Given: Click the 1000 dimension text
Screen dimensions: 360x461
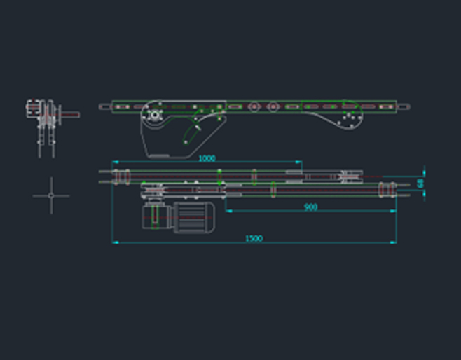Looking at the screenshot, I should [x=207, y=158].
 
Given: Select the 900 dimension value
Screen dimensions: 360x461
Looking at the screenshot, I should [x=310, y=207].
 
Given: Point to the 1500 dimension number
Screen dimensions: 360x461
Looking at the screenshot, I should [x=254, y=238].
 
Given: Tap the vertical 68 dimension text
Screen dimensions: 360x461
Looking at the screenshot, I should [x=420, y=183].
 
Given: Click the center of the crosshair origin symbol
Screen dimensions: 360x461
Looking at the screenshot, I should [x=51, y=195].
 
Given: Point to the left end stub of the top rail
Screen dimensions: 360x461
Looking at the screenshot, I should [x=105, y=106].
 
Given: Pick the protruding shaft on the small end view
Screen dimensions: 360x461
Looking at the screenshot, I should [x=70, y=114].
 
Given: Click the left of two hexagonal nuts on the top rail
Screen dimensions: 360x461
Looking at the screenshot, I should [x=254, y=106].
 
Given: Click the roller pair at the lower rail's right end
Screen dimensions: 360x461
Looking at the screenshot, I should [x=385, y=188].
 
